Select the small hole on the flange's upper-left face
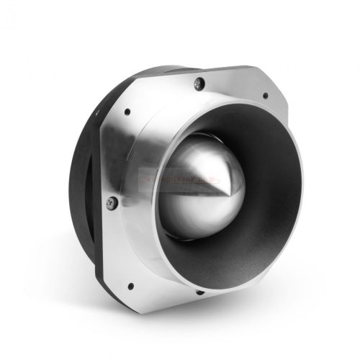click(x=127, y=112)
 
